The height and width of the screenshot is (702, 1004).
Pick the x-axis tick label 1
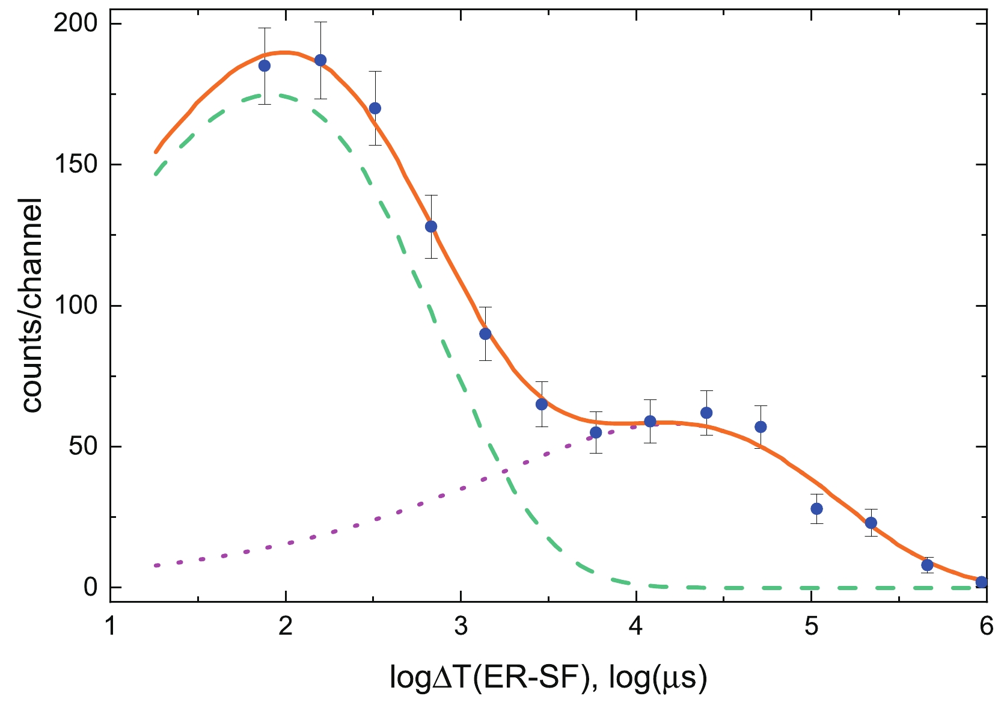[110, 627]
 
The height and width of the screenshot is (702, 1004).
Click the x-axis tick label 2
[285, 627]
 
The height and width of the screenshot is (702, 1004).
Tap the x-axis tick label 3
[461, 627]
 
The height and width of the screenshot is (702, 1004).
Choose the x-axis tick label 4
[635, 627]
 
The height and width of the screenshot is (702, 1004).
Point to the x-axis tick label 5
[811, 627]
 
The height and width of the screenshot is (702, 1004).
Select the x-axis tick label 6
[986, 627]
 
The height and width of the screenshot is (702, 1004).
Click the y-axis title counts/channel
[32, 306]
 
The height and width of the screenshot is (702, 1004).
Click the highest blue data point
[320, 60]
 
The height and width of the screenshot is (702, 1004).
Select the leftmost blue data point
[265, 66]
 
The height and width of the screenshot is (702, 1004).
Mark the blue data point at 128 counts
[431, 227]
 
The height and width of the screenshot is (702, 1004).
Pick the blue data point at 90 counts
[485, 334]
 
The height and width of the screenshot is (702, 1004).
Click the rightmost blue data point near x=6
[982, 582]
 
